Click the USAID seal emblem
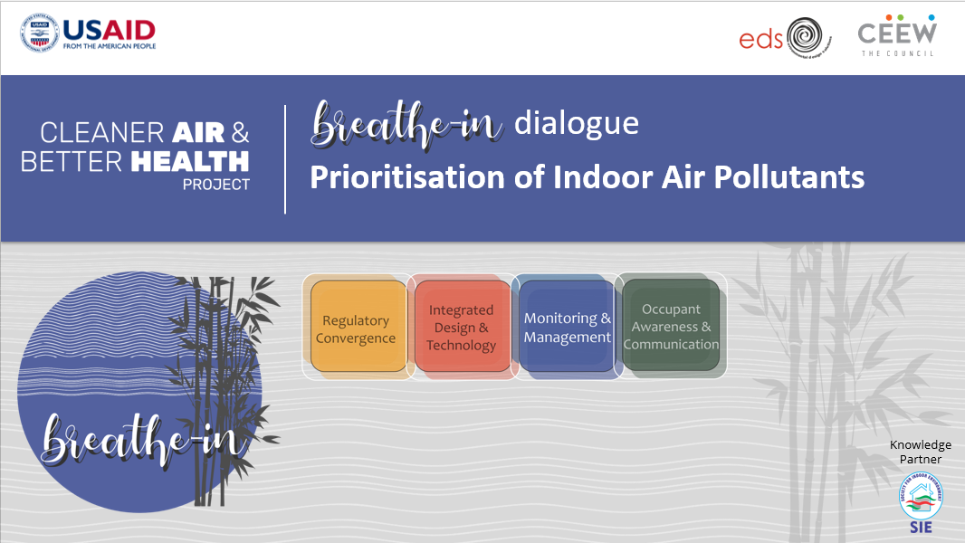[x=39, y=34]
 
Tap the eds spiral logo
[x=809, y=38]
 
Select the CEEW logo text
[x=897, y=33]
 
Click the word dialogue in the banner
[x=576, y=123]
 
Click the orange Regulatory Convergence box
[x=357, y=329]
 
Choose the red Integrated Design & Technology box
[x=461, y=328]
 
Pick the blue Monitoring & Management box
[x=568, y=328]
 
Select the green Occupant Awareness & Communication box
[x=671, y=328]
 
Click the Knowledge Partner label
[x=920, y=452]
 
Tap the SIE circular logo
[x=920, y=497]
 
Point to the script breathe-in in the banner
[x=406, y=125]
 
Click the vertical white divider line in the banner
[x=285, y=159]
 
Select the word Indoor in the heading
[x=597, y=176]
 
